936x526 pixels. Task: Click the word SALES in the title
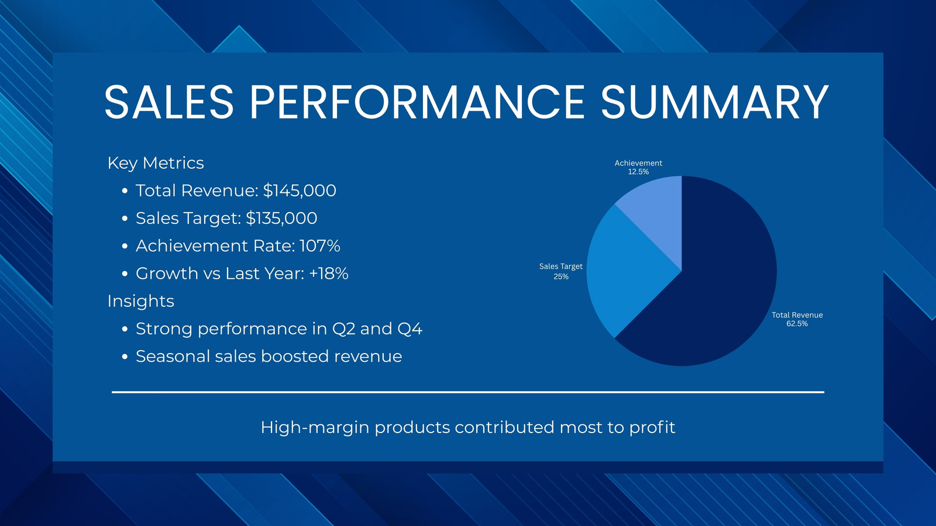coord(169,102)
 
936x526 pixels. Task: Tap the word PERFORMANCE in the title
coord(417,102)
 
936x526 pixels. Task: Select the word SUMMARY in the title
coord(714,102)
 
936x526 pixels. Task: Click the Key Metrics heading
coord(156,163)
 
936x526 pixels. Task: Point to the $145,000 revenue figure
coord(299,191)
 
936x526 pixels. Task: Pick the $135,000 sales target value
coord(281,219)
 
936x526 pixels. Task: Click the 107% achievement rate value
coord(319,246)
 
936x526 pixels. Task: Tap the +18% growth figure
coord(328,274)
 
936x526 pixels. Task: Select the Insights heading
coord(140,302)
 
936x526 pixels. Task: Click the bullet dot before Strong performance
coord(125,330)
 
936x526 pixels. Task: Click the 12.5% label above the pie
coord(638,172)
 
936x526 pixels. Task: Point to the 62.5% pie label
coord(797,324)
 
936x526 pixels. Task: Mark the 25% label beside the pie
coord(561,276)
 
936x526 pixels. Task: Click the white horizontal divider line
coord(468,392)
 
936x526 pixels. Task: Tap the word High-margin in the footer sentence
coord(315,427)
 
